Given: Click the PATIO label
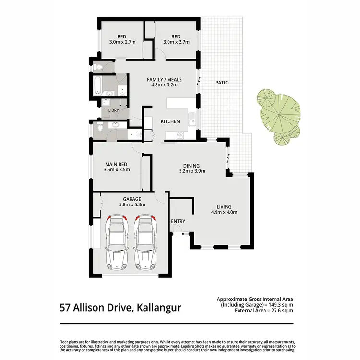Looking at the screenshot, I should [x=221, y=83].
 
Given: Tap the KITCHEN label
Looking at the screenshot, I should [x=170, y=121].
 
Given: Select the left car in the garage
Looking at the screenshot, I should [x=116, y=243].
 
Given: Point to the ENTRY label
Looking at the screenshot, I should [x=178, y=221].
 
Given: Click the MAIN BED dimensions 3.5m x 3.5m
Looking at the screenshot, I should [x=117, y=169].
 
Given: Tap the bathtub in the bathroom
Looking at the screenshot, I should [x=97, y=85].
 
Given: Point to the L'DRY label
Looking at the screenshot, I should [x=114, y=110].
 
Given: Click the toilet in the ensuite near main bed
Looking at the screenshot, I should [x=99, y=128].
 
